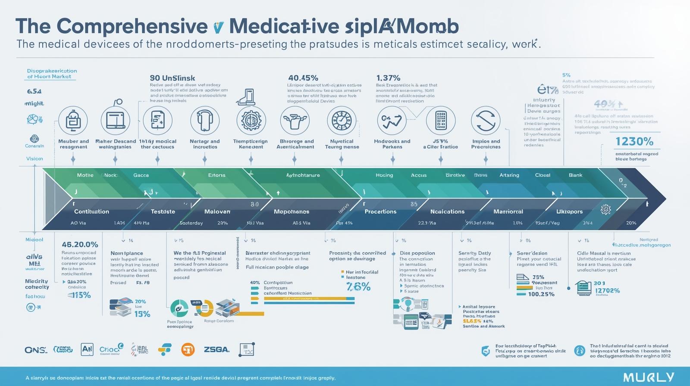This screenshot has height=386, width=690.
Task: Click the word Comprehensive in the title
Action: coord(132,26)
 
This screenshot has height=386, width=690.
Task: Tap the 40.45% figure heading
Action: coord(303,78)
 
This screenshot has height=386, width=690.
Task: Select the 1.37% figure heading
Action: coord(388,78)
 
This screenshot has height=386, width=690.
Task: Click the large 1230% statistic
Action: coord(634,141)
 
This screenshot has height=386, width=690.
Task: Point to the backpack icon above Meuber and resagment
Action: coord(73,121)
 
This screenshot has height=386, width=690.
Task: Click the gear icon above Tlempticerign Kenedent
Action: coord(251,121)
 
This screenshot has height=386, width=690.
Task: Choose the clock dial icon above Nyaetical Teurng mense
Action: coord(342,121)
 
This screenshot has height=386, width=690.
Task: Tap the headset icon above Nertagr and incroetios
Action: coord(205,121)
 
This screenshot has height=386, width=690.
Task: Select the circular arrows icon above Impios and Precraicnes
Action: coord(486,121)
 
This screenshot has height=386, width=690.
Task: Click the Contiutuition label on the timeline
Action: coord(91,212)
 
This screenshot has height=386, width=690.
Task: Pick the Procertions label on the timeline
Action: coord(380,212)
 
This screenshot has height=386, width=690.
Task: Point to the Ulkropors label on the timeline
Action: coord(569,212)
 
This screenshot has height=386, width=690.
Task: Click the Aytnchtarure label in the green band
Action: coord(303,175)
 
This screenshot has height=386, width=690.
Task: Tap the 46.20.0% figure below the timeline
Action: coord(80,245)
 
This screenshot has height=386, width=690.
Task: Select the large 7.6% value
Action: coord(358,287)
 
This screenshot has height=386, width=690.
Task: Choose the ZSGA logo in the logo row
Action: coord(216,349)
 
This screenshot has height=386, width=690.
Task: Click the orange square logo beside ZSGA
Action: coord(188,349)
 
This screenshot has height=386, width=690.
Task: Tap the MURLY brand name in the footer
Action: coord(648,377)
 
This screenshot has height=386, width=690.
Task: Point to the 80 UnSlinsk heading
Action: coord(172,78)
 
